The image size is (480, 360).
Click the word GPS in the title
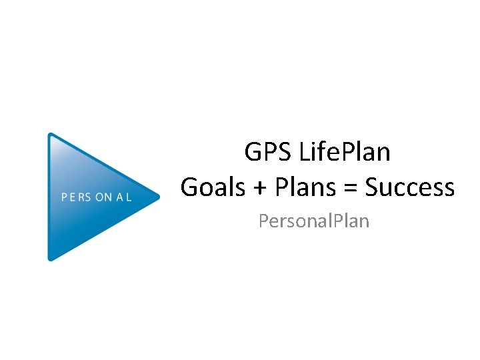[x=263, y=153]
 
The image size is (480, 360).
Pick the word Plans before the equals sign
[x=305, y=187]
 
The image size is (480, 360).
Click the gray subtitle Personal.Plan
[x=313, y=220]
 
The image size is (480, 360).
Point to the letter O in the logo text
[x=99, y=197]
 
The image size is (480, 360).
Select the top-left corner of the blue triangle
[x=51, y=135]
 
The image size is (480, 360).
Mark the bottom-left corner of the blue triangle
[x=51, y=258]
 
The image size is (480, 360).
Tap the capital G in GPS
[x=253, y=153]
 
